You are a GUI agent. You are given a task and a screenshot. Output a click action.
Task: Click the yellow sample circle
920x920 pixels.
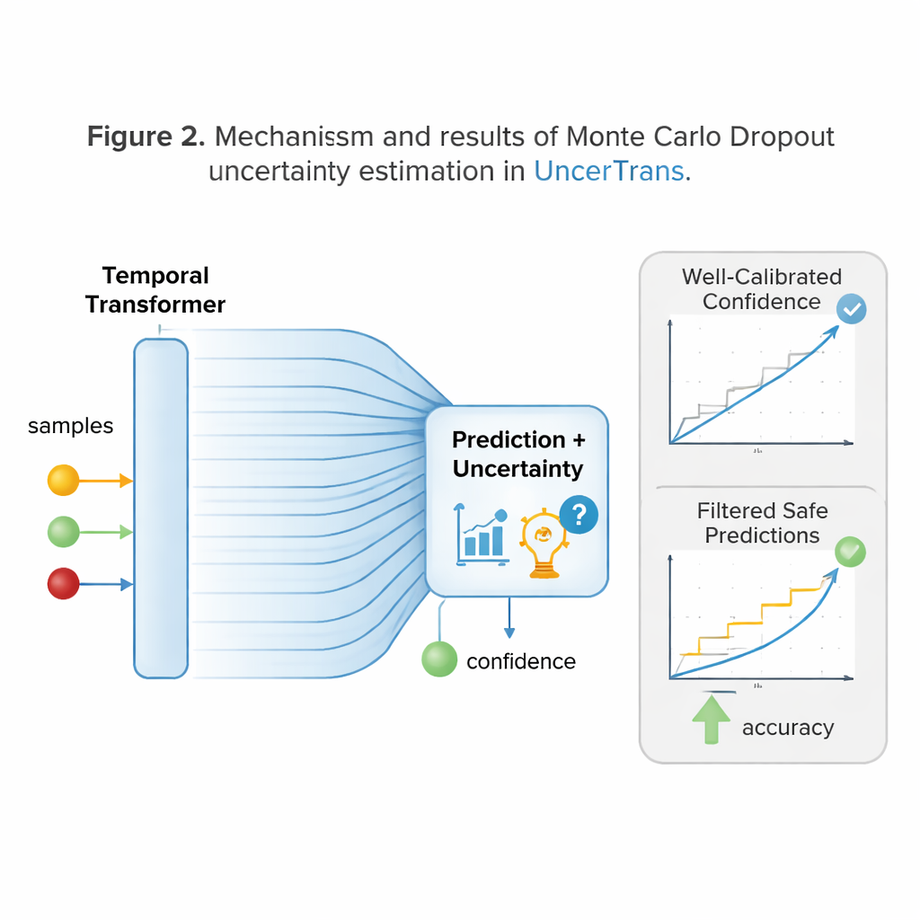coord(63,481)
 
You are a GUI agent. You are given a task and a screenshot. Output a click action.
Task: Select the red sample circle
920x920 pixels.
coord(63,585)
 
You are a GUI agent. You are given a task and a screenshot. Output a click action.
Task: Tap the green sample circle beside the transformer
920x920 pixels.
coord(63,532)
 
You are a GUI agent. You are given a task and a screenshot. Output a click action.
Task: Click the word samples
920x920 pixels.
coord(71,426)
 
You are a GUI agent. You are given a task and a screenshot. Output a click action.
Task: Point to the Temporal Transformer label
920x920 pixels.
coord(155,290)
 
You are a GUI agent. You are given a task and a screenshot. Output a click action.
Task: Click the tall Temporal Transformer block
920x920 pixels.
coord(161,508)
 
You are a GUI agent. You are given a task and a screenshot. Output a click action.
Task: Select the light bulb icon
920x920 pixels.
coord(543,543)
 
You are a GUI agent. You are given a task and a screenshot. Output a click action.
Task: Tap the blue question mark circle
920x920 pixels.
coord(579,515)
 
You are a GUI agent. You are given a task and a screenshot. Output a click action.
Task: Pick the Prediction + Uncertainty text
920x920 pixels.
coord(517,455)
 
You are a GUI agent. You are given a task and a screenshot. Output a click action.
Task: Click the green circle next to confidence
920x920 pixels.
coord(439,659)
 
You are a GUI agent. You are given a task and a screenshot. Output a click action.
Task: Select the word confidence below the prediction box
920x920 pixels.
coord(521,662)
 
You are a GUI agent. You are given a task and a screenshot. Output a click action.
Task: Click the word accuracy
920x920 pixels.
coord(788,728)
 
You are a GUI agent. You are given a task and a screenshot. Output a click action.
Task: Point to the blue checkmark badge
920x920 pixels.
coord(851,310)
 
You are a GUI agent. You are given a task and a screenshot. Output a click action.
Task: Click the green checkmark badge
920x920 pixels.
coord(850,552)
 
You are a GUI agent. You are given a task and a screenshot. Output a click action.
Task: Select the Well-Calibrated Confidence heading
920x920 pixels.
coord(762,289)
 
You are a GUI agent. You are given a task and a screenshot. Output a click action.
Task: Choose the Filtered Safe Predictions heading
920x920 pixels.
coord(762,523)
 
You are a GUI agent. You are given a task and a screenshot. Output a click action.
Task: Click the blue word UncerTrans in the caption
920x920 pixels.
coord(609,171)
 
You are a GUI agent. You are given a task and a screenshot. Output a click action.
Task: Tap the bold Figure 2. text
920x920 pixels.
coord(147,137)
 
